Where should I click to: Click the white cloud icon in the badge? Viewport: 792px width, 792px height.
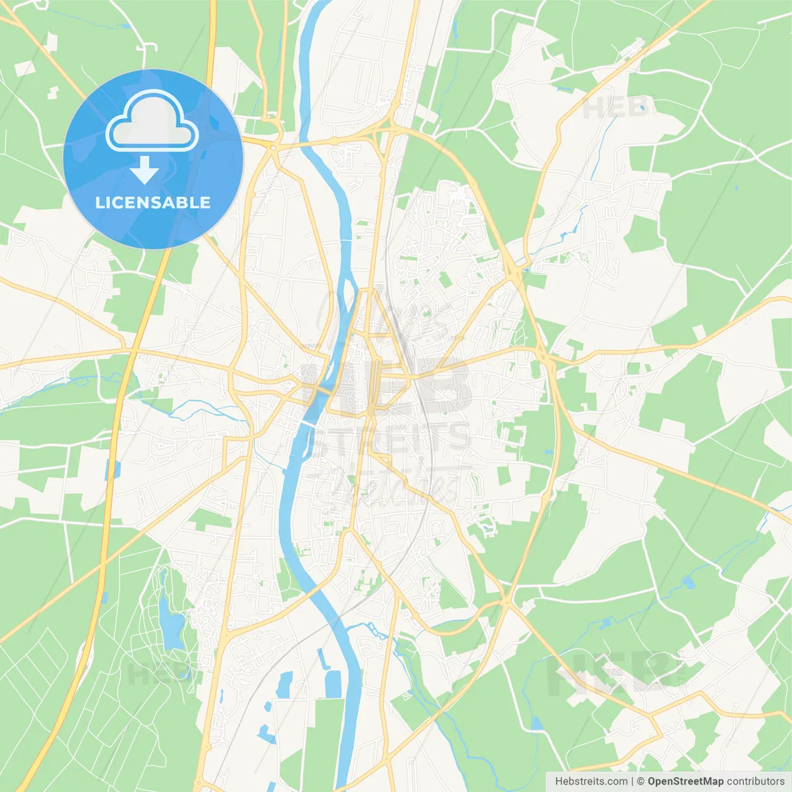click(x=152, y=122)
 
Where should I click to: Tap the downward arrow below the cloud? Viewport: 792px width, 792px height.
click(x=145, y=170)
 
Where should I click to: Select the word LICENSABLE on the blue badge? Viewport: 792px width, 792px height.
click(x=153, y=202)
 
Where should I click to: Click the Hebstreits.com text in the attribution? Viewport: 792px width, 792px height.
click(x=591, y=781)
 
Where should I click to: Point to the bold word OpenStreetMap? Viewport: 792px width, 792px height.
click(x=685, y=781)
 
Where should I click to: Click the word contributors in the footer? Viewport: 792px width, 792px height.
click(x=755, y=781)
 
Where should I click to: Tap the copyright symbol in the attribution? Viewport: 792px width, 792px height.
click(x=641, y=781)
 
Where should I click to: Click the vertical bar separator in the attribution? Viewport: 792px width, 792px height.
click(x=633, y=781)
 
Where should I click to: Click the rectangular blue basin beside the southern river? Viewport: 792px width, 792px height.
click(x=333, y=684)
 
